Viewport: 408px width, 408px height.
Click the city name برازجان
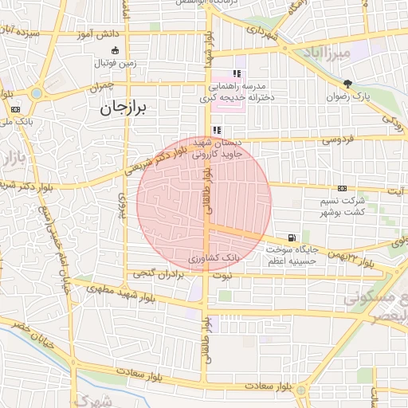click(125, 110)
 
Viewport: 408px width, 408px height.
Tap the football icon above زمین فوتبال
click(116, 51)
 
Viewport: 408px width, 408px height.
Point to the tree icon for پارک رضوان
click(347, 84)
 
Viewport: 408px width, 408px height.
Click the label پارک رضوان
click(347, 96)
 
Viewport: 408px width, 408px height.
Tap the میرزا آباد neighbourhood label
click(323, 53)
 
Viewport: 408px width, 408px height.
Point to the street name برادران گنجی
click(157, 273)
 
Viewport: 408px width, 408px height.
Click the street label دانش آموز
click(97, 36)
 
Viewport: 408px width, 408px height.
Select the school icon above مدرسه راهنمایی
click(237, 73)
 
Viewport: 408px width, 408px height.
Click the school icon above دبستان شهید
click(217, 130)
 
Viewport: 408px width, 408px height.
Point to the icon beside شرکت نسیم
click(342, 189)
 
